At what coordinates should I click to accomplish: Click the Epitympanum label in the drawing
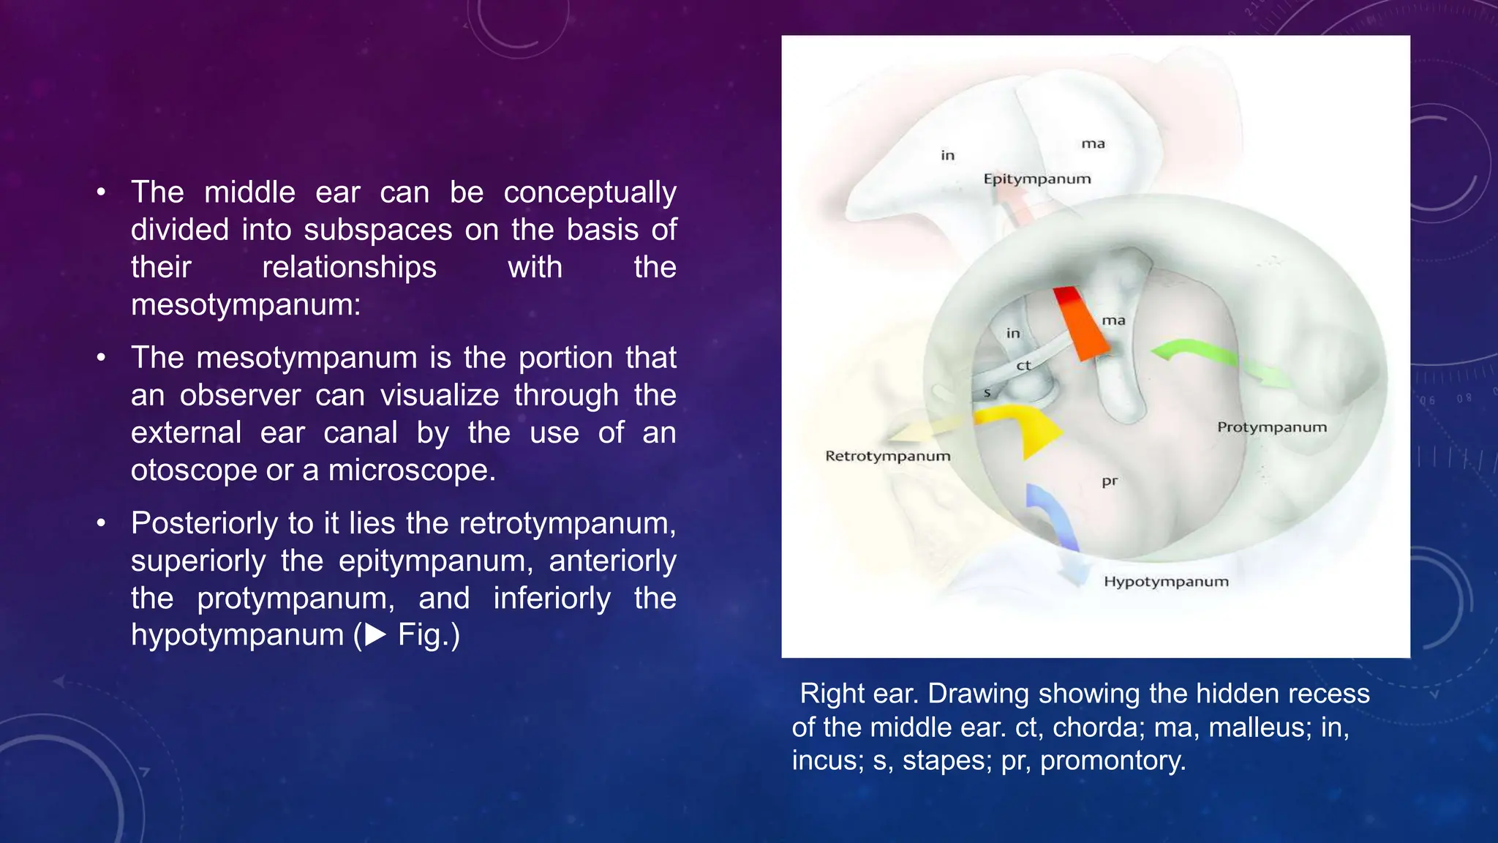pyautogui.click(x=1036, y=179)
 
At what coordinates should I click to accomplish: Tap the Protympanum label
pyautogui.click(x=1271, y=427)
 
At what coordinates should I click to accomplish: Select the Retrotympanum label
pyautogui.click(x=887, y=456)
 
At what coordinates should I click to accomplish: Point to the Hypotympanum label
pyautogui.click(x=1166, y=582)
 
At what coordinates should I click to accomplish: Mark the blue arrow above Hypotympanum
pyautogui.click(x=1050, y=520)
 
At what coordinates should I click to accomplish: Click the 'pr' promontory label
pyautogui.click(x=1110, y=482)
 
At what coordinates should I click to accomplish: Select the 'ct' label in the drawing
pyautogui.click(x=1023, y=365)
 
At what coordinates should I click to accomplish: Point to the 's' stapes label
pyautogui.click(x=987, y=393)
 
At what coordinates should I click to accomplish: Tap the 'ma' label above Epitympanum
pyautogui.click(x=1093, y=144)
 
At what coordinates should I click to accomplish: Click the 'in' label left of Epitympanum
pyautogui.click(x=947, y=155)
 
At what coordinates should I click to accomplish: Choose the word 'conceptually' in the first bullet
pyautogui.click(x=590, y=193)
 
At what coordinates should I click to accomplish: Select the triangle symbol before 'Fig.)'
pyautogui.click(x=376, y=634)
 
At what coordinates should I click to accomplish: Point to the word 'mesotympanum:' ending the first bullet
pyautogui.click(x=246, y=304)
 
